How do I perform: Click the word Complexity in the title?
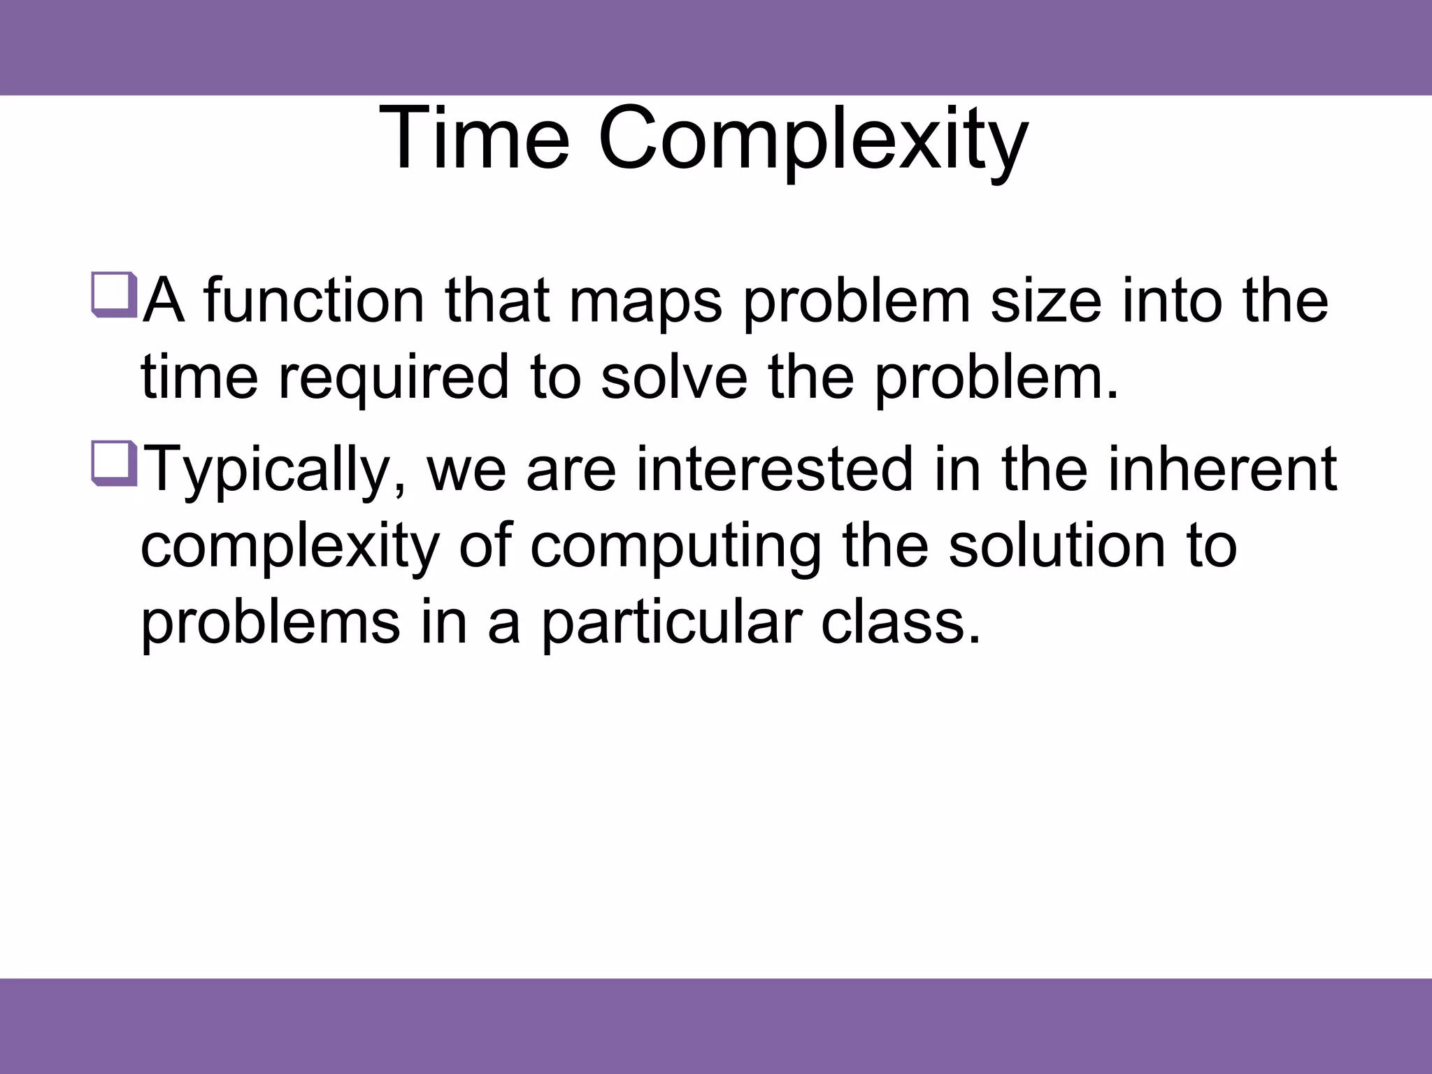(812, 140)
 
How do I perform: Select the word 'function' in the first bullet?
(314, 301)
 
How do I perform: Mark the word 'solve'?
(673, 378)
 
